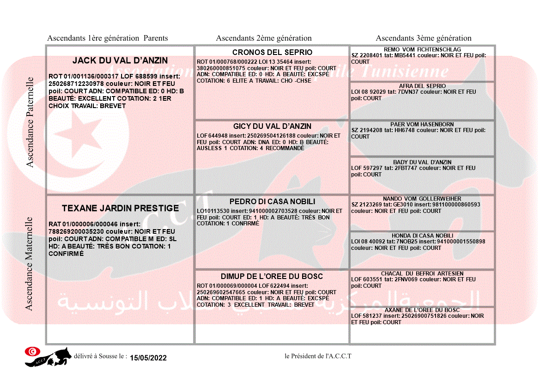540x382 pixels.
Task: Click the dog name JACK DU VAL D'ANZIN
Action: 120,61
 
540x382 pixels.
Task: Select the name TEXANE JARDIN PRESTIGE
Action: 120,208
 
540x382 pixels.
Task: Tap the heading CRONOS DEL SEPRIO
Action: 272,52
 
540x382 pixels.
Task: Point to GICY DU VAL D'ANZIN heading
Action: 272,126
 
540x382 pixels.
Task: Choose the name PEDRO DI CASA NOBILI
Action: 272,201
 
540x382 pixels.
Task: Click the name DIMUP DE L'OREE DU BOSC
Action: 272,276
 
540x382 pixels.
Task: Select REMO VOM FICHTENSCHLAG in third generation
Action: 422,49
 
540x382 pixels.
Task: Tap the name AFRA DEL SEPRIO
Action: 422,86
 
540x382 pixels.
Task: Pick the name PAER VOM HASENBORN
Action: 422,124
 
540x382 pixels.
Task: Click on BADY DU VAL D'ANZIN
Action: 422,162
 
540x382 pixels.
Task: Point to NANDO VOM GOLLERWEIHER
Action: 422,199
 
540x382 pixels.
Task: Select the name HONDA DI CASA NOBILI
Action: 422,236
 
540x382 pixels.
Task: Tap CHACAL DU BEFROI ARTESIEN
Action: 422,273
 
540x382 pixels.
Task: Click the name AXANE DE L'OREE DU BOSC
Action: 422,310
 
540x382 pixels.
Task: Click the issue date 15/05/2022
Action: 148,358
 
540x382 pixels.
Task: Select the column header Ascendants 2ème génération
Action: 264,38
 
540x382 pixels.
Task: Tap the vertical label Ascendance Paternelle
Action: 30,122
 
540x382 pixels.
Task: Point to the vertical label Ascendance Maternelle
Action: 29,263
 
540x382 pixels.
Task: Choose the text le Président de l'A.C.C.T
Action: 318,356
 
